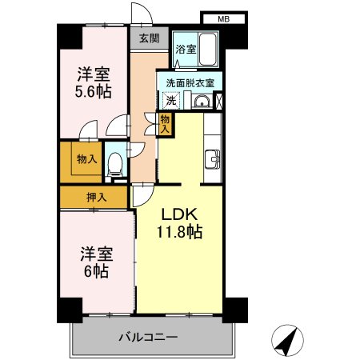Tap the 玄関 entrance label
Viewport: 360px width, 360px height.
(x=148, y=38)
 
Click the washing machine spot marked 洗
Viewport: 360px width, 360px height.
(x=170, y=102)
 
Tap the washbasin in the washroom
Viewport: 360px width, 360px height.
(x=202, y=102)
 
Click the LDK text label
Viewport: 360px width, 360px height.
(x=180, y=215)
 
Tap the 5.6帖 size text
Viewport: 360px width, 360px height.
(x=94, y=90)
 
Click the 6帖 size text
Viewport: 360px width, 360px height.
(x=94, y=270)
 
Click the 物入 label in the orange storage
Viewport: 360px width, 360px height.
(x=86, y=159)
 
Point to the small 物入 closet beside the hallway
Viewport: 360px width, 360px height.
(x=165, y=123)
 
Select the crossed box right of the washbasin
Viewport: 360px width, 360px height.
(x=220, y=102)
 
